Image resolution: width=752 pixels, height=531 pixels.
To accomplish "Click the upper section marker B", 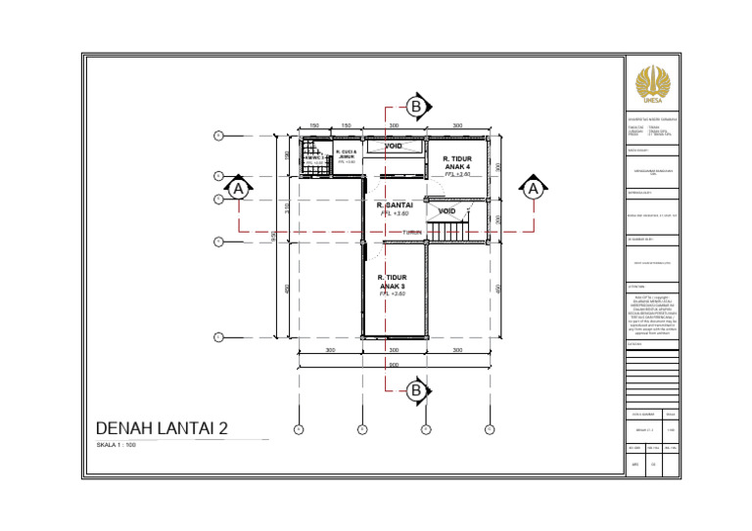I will coord(415,106).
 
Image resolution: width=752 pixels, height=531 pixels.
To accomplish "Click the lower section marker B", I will coord(415,391).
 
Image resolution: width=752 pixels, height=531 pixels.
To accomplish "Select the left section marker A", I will coord(237,188).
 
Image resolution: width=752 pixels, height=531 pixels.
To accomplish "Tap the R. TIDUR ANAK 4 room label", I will coord(458,162).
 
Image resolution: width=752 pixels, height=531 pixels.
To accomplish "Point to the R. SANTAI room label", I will coord(395,205).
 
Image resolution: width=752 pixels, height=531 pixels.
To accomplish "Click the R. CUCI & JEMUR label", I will coord(347,155).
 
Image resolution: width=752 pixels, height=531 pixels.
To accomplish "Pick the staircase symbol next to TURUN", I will coord(449,233).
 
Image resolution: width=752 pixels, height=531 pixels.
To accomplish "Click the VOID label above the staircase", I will coord(446,211).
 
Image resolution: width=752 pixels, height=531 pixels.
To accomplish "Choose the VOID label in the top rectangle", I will coord(394,147).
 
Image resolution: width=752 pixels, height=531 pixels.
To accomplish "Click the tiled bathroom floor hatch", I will coord(312,158).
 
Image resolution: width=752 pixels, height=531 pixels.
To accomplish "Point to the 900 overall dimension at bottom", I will coord(394,364).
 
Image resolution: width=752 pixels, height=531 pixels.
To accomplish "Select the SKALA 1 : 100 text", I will coord(116,445).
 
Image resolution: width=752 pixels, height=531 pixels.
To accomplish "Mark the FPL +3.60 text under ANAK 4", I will coord(458,174).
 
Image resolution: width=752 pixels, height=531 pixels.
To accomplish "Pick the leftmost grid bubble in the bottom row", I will coord(299,428).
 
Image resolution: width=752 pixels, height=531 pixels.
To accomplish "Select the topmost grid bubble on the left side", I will coord(218,135).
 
